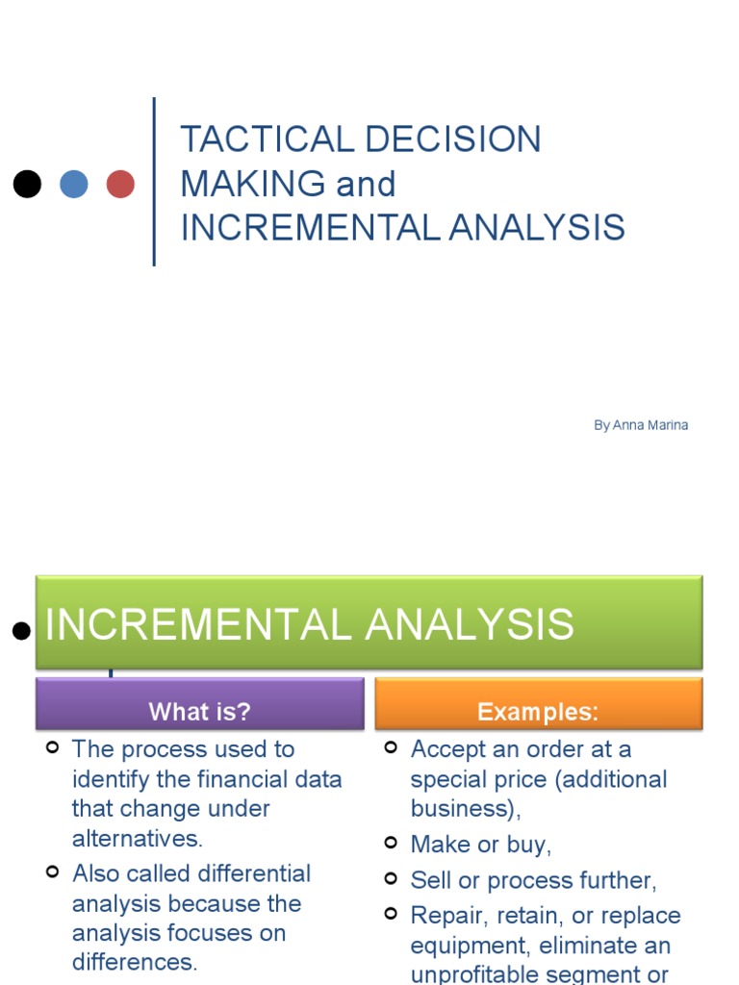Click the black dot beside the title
[x=27, y=184]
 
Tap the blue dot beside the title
[x=74, y=184]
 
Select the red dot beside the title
[x=120, y=184]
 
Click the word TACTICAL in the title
[x=249, y=139]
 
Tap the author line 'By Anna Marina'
[x=640, y=425]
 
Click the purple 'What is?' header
[x=199, y=712]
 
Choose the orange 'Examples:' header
[x=538, y=712]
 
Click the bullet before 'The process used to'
[x=54, y=747]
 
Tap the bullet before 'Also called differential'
[x=54, y=871]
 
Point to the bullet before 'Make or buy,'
[x=391, y=843]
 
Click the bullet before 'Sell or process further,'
[x=391, y=878]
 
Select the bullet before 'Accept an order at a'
[x=391, y=747]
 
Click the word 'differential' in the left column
[x=254, y=873]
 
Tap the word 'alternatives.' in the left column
[x=138, y=838]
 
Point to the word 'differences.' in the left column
[x=134, y=962]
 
